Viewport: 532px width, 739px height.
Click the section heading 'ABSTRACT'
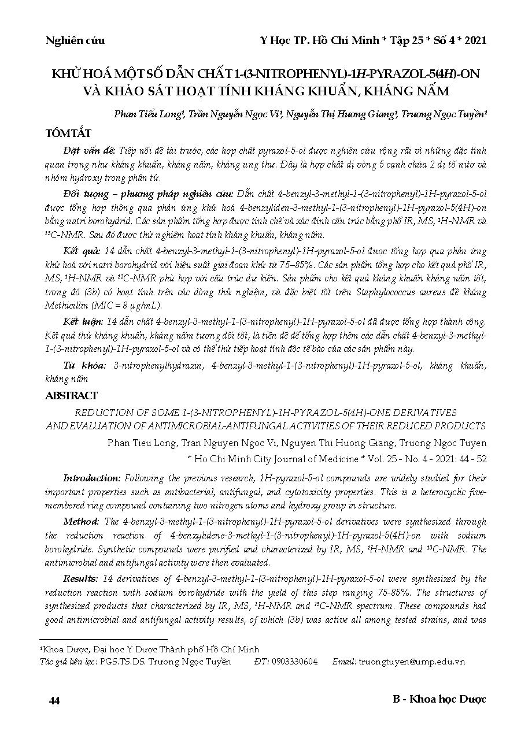[x=71, y=396]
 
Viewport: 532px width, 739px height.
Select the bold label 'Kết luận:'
[x=83, y=321]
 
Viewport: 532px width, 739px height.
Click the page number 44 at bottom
[x=54, y=700]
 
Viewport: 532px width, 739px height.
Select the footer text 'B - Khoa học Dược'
[x=439, y=699]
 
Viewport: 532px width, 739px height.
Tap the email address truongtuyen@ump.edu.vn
[x=412, y=662]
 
